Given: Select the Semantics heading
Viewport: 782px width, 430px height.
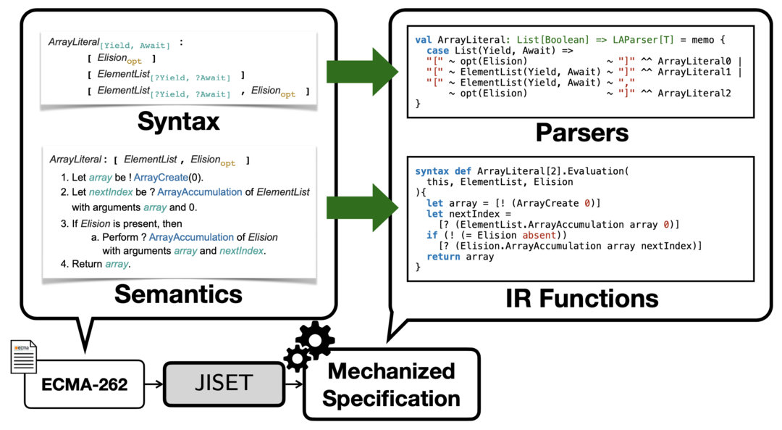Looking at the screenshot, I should pos(178,294).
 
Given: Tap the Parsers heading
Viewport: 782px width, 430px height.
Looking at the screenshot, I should pos(582,133).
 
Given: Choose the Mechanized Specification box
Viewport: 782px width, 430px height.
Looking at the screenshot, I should pos(391,384).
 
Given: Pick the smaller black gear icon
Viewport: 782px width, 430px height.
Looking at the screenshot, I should pos(297,358).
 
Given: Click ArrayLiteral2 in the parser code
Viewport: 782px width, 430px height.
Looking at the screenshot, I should pos(696,94).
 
